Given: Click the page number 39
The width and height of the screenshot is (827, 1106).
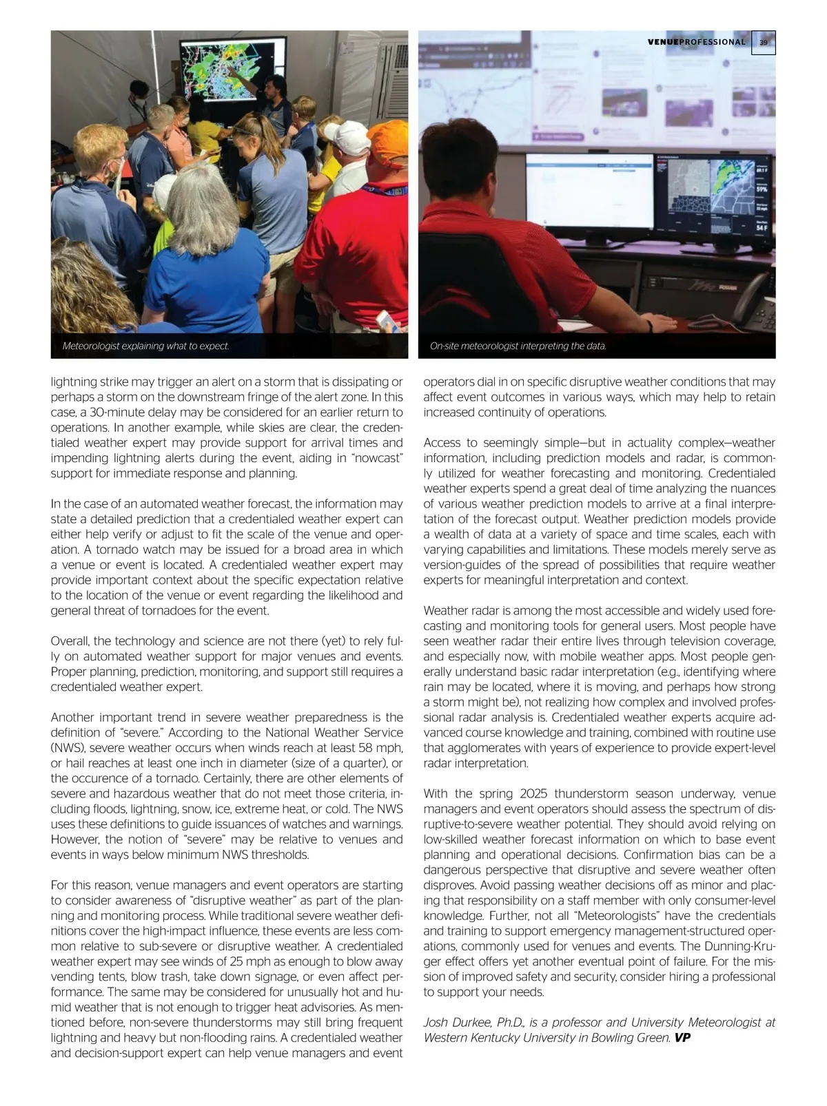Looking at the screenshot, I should tap(763, 42).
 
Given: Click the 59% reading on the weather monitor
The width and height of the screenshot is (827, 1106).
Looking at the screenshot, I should tap(762, 187).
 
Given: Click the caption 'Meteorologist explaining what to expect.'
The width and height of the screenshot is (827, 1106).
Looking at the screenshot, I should tap(145, 346).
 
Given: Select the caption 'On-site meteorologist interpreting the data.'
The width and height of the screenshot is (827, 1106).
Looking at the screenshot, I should tap(518, 346).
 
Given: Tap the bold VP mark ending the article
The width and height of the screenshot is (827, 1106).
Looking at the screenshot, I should tap(682, 1037).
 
